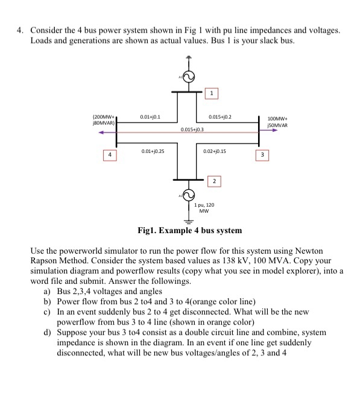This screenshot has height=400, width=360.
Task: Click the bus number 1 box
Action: click(x=211, y=93)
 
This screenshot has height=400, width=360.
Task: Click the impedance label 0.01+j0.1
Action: click(x=150, y=116)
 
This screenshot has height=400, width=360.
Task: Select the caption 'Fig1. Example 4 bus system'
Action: click(x=189, y=230)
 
